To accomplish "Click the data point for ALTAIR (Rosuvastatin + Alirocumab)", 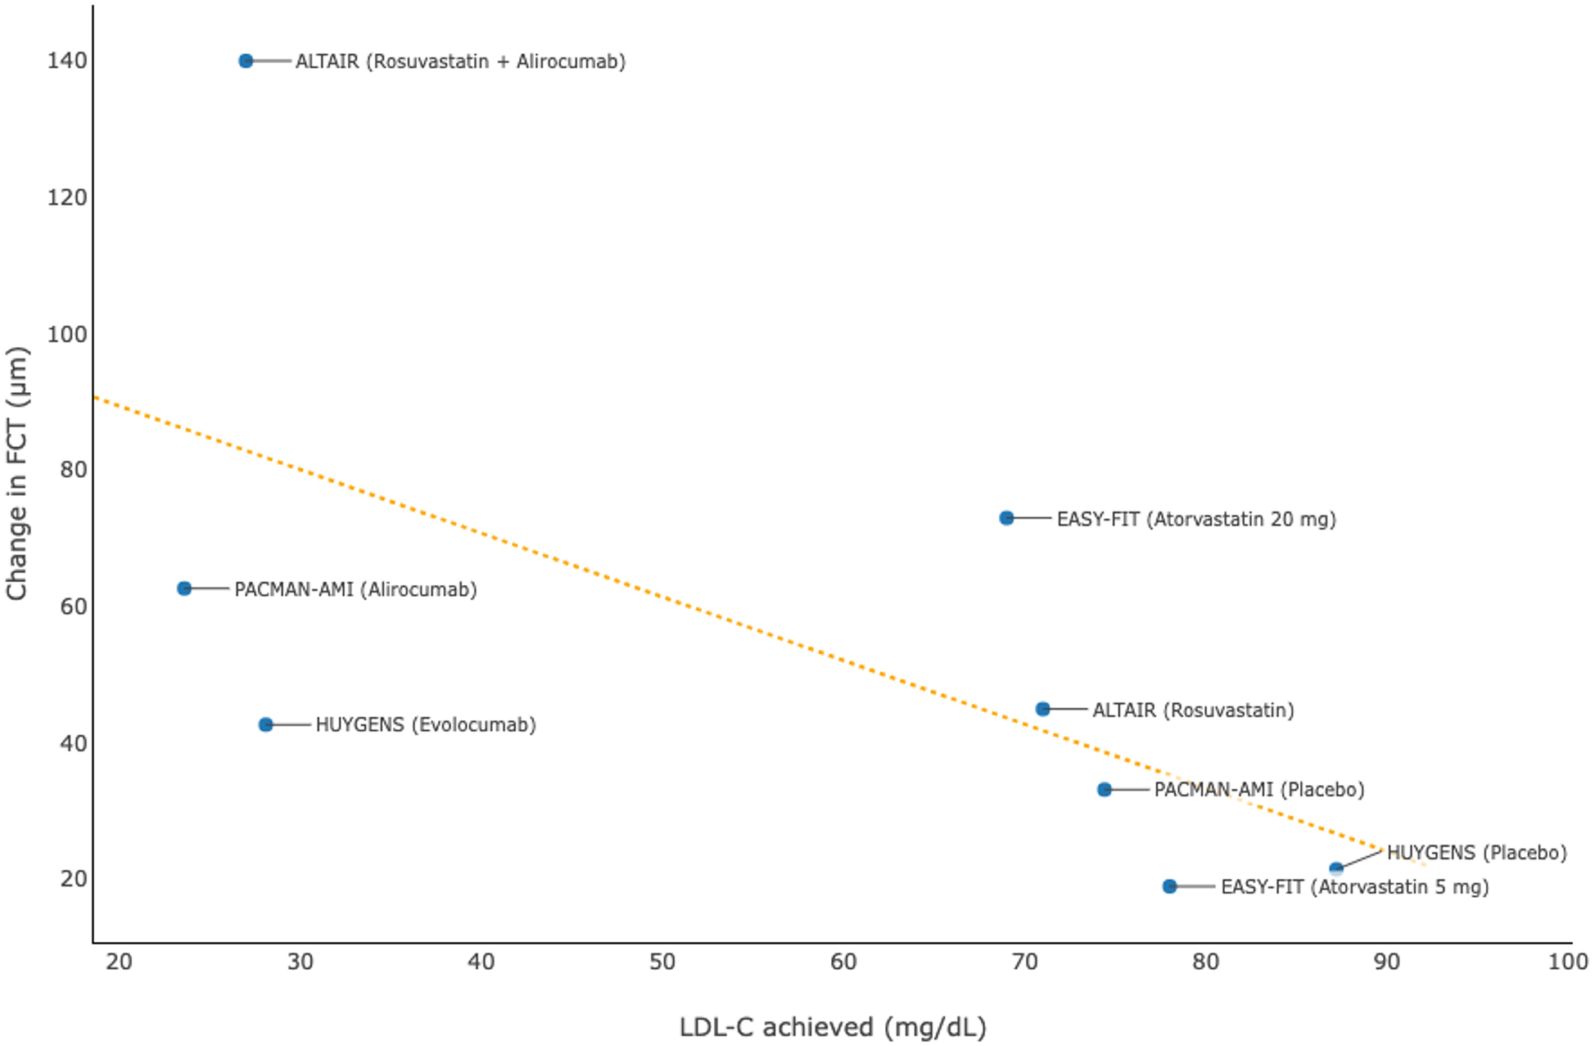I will point(246,61).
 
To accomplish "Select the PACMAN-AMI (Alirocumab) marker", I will point(184,588).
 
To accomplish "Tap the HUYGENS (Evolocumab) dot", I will point(265,724).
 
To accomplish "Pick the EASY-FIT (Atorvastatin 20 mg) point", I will point(1006,518).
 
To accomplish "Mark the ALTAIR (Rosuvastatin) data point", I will point(1042,709).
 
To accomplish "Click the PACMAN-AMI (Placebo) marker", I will point(1105,789).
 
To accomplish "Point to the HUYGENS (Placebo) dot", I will point(1336,868).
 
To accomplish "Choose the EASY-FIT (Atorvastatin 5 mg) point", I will point(1170,886).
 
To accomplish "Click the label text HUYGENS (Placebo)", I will point(1476,853).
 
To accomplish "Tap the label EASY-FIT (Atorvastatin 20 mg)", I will point(1196,519).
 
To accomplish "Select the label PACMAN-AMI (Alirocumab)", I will point(355,589).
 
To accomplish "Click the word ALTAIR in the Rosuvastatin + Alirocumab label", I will point(327,61).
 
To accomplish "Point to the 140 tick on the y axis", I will point(67,61).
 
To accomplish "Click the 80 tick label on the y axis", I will point(73,469).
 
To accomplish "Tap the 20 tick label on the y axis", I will point(73,878).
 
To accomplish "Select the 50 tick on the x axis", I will point(662,962).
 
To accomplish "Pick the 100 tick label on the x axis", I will point(1567,962).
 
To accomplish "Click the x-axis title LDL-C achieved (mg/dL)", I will point(833,1026).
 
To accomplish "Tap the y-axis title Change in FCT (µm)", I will point(17,473).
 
